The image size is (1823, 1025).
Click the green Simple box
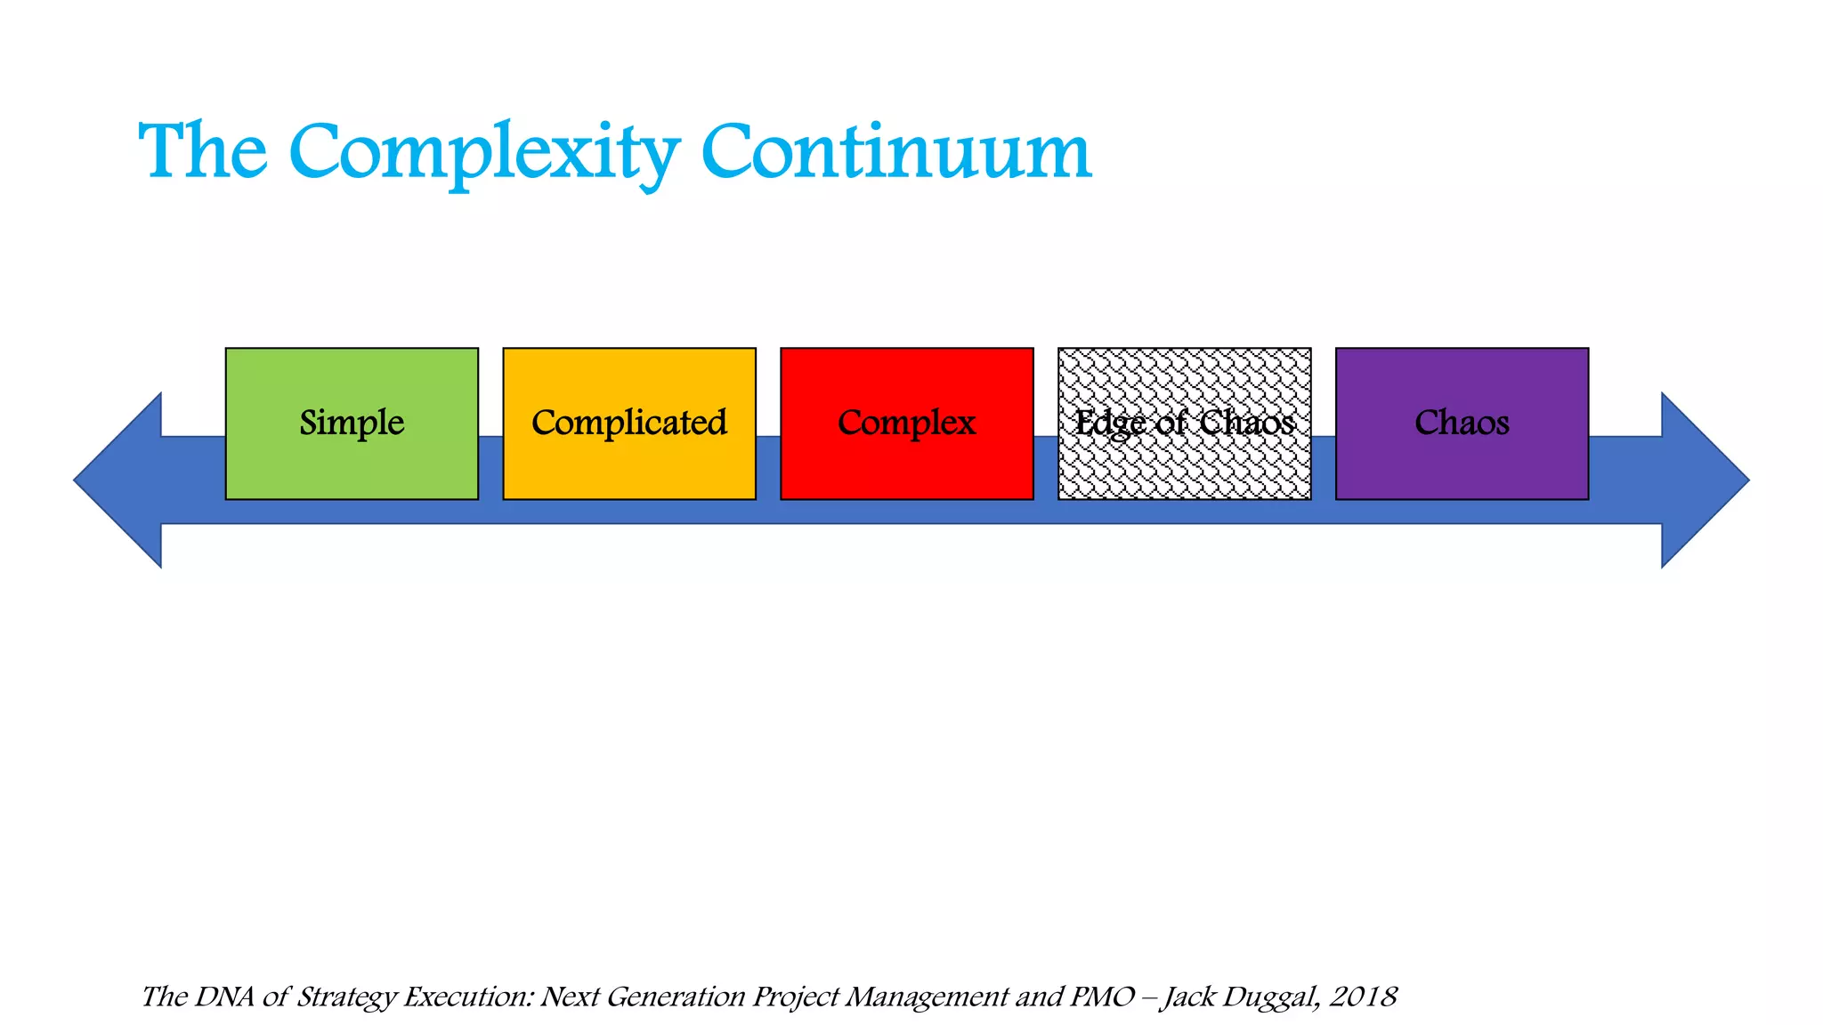point(352,424)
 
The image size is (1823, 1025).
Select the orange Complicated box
point(629,424)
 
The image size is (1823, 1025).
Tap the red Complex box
point(906,424)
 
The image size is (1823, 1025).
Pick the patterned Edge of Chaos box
point(1184,424)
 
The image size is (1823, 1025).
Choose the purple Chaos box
point(1462,424)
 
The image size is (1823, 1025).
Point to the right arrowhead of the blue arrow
point(1702,480)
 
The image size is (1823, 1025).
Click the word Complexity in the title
point(484,153)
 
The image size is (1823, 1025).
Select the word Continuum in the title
point(895,153)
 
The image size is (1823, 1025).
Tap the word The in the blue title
point(203,153)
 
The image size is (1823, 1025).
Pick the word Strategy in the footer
point(345,997)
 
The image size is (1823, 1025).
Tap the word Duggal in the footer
point(1271,997)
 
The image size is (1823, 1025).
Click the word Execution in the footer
point(468,997)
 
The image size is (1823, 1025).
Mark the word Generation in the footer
point(676,997)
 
